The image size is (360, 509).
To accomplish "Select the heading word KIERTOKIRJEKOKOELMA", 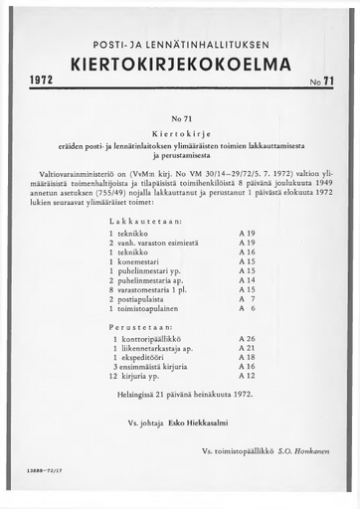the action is pos(181,65).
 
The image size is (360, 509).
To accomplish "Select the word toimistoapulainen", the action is pos(156,308).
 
